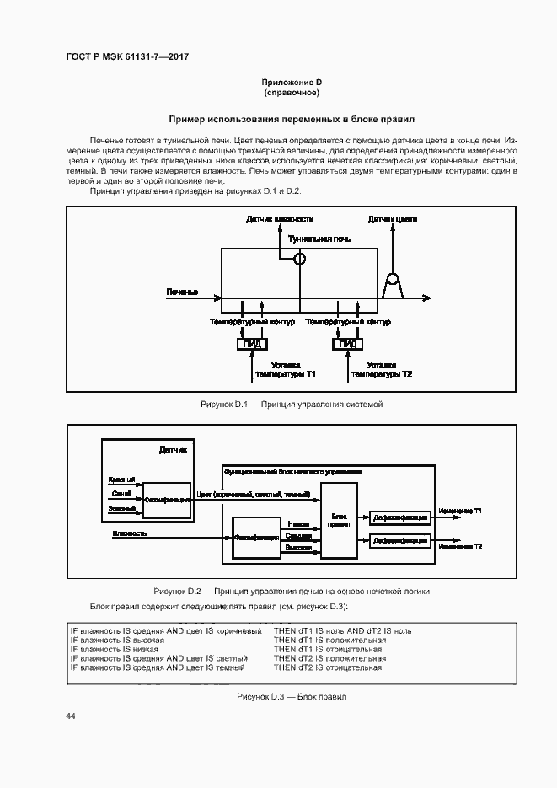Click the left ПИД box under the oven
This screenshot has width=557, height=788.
252,344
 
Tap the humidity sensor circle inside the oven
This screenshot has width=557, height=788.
298,260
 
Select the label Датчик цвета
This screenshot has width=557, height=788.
393,219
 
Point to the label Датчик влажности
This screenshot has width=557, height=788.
274,219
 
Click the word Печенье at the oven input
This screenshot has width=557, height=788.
182,292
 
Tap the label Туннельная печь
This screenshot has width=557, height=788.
319,239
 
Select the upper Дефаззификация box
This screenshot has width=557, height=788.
400,517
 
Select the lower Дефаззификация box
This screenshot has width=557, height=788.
400,540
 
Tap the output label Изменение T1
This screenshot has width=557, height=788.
460,512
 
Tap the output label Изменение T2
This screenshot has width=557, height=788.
460,547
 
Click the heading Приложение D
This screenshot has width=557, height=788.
292,82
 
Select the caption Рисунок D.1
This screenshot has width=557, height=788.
292,405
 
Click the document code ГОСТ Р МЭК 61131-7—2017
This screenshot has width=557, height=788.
126,56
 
